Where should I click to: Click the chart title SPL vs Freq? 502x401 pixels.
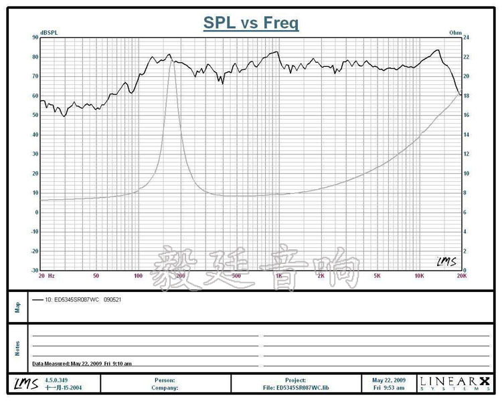[251, 23]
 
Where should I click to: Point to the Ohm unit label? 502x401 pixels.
[456, 33]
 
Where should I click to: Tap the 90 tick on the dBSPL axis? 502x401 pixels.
[34, 37]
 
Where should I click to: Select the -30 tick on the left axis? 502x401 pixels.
[33, 271]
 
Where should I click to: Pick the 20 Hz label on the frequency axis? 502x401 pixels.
[46, 275]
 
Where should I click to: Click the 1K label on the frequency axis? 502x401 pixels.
[278, 275]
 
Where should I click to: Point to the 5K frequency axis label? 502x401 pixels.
[377, 275]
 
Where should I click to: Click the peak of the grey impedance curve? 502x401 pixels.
[172, 61]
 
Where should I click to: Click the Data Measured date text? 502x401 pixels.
[82, 364]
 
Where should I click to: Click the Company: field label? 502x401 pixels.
[164, 387]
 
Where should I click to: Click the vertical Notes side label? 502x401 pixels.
[17, 348]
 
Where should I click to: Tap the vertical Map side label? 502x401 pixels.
[17, 307]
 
